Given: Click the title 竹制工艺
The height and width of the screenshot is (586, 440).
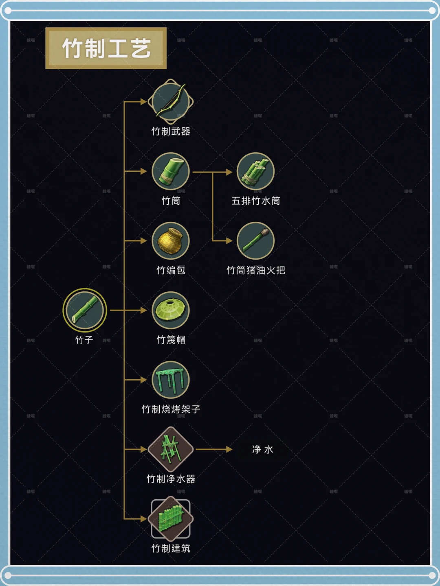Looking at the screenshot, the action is pos(106,48).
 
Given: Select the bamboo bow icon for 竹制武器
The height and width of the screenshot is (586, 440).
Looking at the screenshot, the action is pos(171,101).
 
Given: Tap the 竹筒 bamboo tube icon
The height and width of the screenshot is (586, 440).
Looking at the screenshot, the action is pos(171,171).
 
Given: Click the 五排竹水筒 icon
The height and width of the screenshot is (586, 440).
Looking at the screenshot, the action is pos(255,171).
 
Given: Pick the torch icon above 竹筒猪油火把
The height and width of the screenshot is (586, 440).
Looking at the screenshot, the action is pos(255,241).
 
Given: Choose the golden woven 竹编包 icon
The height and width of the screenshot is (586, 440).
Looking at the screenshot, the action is pos(171,241).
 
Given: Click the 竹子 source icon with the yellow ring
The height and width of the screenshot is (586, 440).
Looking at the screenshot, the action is pos(85,310).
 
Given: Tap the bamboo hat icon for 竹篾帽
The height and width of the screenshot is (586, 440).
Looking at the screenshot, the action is pos(171,310).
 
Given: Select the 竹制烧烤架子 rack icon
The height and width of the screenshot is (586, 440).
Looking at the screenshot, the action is pos(171,380).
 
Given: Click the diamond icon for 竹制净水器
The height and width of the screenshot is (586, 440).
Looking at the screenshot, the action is pos(171,449).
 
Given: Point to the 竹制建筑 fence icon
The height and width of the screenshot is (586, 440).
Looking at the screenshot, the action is pos(171,518).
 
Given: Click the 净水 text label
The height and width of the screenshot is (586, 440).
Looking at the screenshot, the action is pos(262,450).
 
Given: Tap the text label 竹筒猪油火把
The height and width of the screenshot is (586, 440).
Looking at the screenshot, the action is pos(256,270).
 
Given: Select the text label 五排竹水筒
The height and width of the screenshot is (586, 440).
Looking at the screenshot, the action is pos(256,201).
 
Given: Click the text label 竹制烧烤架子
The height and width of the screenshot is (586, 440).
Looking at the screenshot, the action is pos(171,409).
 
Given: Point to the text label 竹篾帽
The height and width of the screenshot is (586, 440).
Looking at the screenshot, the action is pos(171,339).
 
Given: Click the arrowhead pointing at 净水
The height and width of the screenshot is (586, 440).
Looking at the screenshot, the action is pos(229,449).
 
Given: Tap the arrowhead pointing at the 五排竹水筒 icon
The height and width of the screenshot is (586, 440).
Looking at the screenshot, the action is pos(229,172).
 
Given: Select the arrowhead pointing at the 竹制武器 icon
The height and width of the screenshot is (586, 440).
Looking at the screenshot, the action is pos(143,101).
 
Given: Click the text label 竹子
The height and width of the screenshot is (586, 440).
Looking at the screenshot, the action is pos(84,339).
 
